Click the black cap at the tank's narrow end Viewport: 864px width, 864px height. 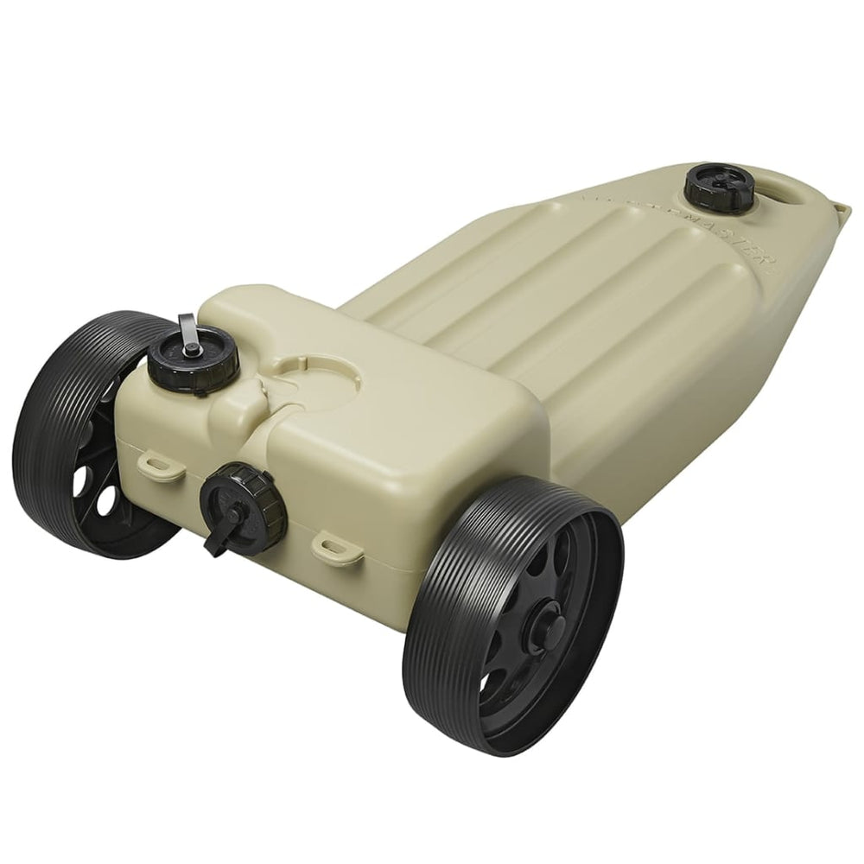point(720,187)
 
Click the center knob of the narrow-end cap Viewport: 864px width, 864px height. point(720,182)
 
